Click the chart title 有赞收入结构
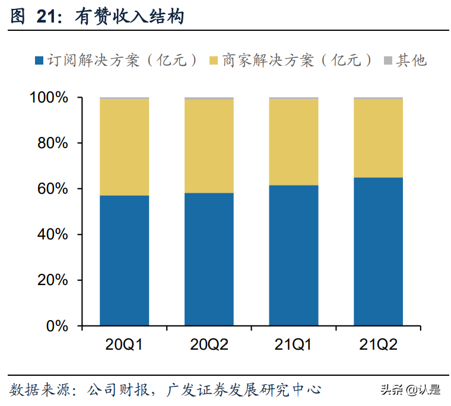129,17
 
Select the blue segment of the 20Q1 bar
124,260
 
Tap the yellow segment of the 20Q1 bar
124,147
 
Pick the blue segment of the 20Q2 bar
209,259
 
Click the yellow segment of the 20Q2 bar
209,146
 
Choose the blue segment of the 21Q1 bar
294,255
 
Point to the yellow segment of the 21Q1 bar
294,142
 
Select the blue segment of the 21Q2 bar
378,251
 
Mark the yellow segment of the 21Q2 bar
378,138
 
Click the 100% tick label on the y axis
49,98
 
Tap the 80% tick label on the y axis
52,143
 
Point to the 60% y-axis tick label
52,189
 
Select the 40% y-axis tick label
52,235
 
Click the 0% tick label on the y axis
58,326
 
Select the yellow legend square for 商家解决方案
214,60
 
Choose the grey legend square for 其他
388,60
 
